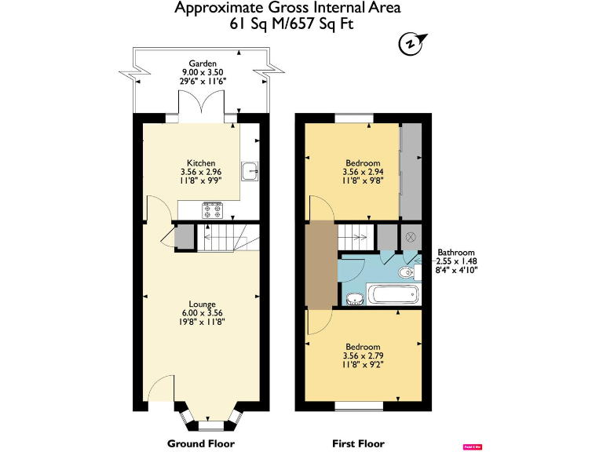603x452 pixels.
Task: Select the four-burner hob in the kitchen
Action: tap(213, 210)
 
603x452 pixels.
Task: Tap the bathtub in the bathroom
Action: tap(395, 296)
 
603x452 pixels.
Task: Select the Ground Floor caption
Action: tap(201, 443)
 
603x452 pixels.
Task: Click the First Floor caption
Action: tap(360, 443)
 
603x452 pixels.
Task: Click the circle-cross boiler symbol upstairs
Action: tap(409, 236)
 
